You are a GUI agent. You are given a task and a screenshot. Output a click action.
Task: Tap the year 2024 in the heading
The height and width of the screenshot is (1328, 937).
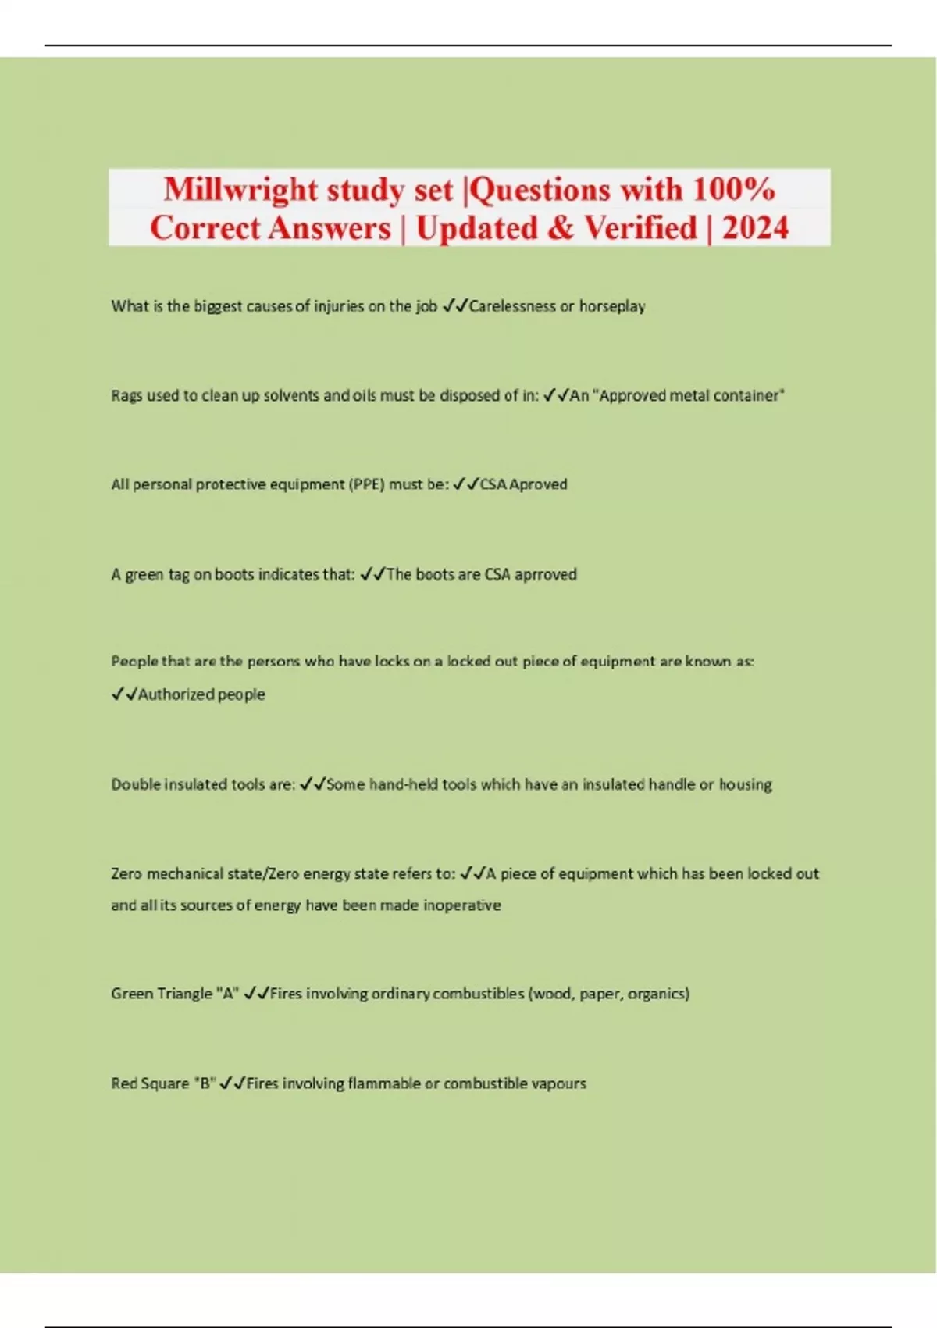tap(755, 228)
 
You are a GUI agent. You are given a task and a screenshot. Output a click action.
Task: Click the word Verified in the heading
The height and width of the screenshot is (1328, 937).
tap(640, 228)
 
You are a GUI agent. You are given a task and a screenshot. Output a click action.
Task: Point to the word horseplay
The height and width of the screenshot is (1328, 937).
tap(612, 306)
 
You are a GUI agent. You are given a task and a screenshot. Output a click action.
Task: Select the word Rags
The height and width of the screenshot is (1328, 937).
tap(126, 396)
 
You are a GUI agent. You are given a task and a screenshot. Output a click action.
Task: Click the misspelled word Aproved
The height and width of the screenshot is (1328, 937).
tap(538, 484)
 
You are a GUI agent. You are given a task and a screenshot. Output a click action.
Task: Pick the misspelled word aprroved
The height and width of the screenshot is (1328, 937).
tap(546, 575)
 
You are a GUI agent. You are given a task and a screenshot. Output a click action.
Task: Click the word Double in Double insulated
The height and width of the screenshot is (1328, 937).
tap(135, 784)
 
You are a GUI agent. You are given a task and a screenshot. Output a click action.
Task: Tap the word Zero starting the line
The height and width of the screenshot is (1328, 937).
tap(126, 874)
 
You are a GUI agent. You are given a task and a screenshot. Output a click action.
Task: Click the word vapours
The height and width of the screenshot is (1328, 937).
tap(558, 1083)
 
